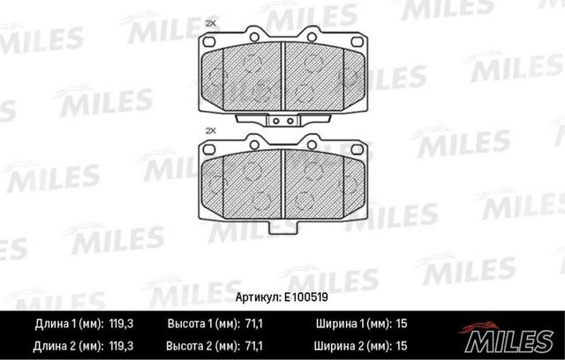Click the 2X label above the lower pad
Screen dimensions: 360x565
click(x=209, y=131)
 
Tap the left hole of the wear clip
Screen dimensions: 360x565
click(x=275, y=121)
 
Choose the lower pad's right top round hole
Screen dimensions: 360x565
click(x=312, y=167)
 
